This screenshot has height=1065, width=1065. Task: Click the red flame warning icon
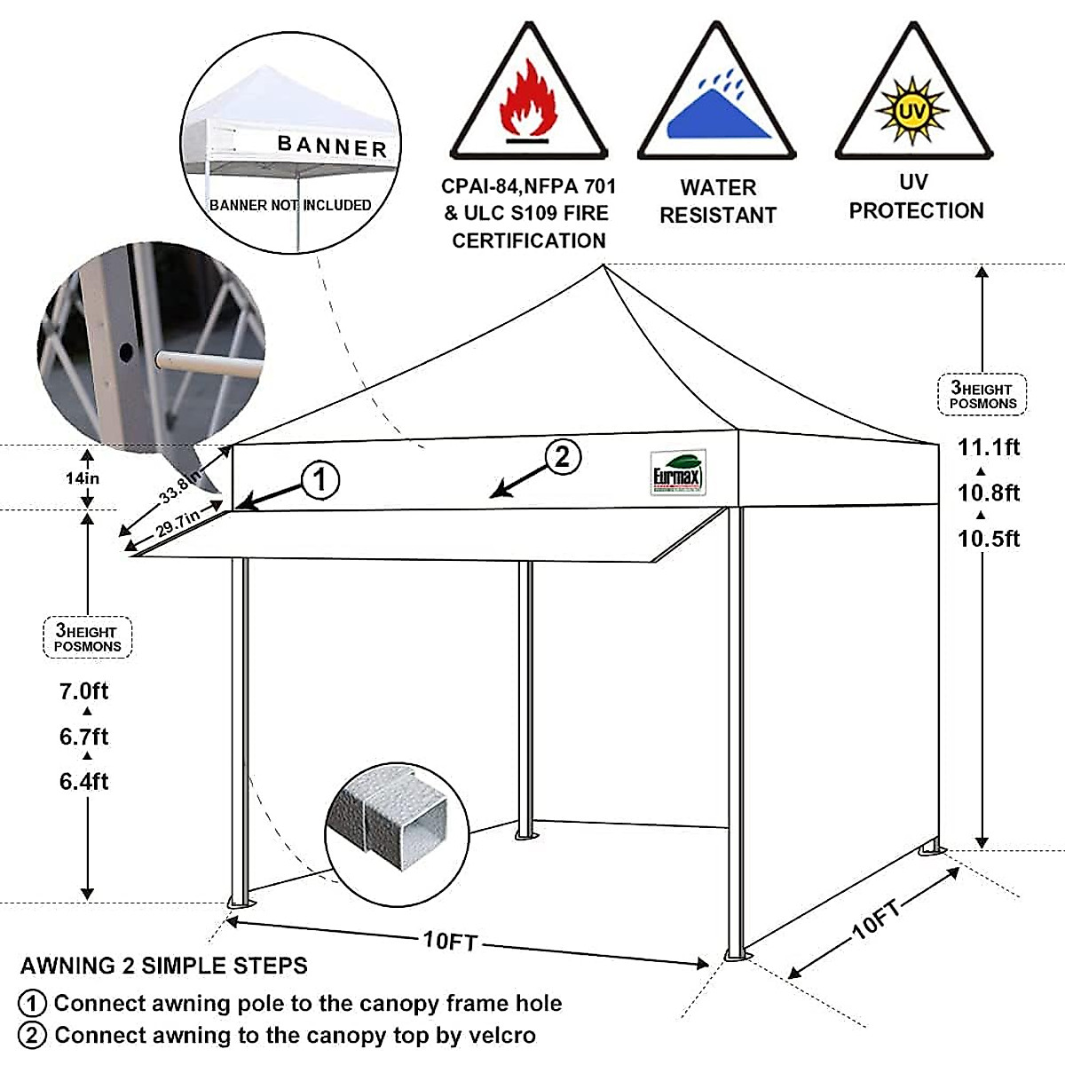(x=529, y=103)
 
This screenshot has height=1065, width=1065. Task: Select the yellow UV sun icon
(x=912, y=111)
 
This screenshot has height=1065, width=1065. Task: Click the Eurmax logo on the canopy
(x=678, y=473)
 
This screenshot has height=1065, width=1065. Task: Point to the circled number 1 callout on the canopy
(x=320, y=480)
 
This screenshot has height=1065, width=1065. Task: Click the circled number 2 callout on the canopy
(x=563, y=457)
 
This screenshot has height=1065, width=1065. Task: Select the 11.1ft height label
(x=989, y=447)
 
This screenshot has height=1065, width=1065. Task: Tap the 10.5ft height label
(x=989, y=539)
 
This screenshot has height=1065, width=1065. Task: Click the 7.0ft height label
(x=84, y=690)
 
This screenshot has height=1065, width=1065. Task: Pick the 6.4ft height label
(x=84, y=782)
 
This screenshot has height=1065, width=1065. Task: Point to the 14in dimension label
(x=83, y=478)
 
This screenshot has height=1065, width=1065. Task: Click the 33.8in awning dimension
(x=180, y=488)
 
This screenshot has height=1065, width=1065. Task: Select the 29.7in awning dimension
(x=177, y=525)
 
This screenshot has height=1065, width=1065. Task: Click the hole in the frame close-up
(x=126, y=352)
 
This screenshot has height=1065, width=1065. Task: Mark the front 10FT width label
(x=450, y=940)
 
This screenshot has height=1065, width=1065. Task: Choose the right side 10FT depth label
(x=876, y=918)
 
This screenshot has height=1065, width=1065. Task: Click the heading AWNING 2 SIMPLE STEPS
(x=164, y=966)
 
